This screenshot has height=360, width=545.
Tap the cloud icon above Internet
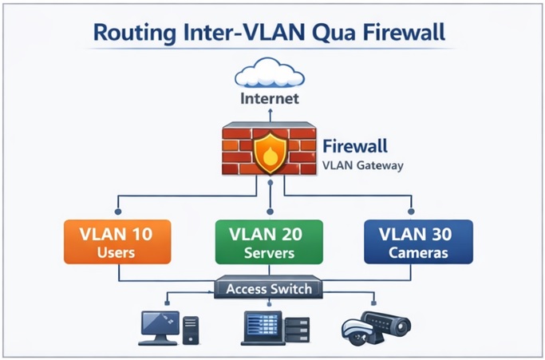pyautogui.click(x=270, y=73)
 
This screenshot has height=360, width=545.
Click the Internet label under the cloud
pyautogui.click(x=270, y=100)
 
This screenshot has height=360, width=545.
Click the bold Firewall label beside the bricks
pyautogui.click(x=355, y=147)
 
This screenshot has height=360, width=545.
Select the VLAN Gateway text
pyautogui.click(x=363, y=166)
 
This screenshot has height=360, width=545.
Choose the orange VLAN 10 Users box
pyautogui.click(x=119, y=243)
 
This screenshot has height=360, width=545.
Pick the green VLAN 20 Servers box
pyautogui.click(x=270, y=243)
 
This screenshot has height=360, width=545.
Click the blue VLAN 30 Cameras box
pyautogui.click(x=418, y=243)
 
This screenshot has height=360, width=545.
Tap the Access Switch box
pyautogui.click(x=270, y=288)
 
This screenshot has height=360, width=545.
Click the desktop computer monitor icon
pyautogui.click(x=158, y=325)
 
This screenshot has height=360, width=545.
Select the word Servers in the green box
pyautogui.click(x=270, y=253)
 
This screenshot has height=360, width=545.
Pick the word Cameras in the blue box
pyautogui.click(x=418, y=253)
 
